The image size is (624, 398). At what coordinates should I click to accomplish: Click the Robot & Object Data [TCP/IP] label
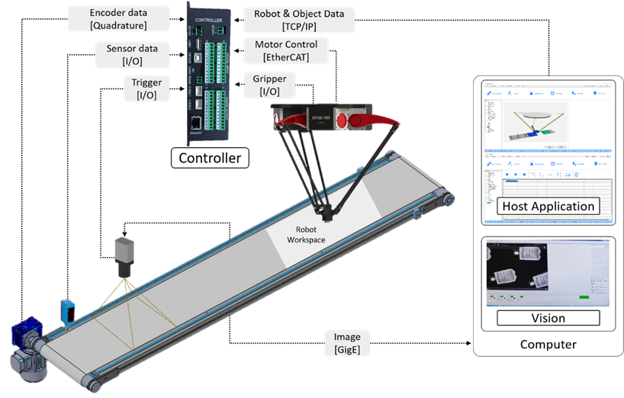[298, 20]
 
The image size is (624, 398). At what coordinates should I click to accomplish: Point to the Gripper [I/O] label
[269, 85]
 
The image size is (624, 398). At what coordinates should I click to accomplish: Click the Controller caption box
[209, 159]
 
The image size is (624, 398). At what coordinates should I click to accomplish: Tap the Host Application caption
[548, 206]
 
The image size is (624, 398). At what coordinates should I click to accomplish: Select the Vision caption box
[548, 318]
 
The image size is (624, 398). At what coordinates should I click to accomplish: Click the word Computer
[548, 345]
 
